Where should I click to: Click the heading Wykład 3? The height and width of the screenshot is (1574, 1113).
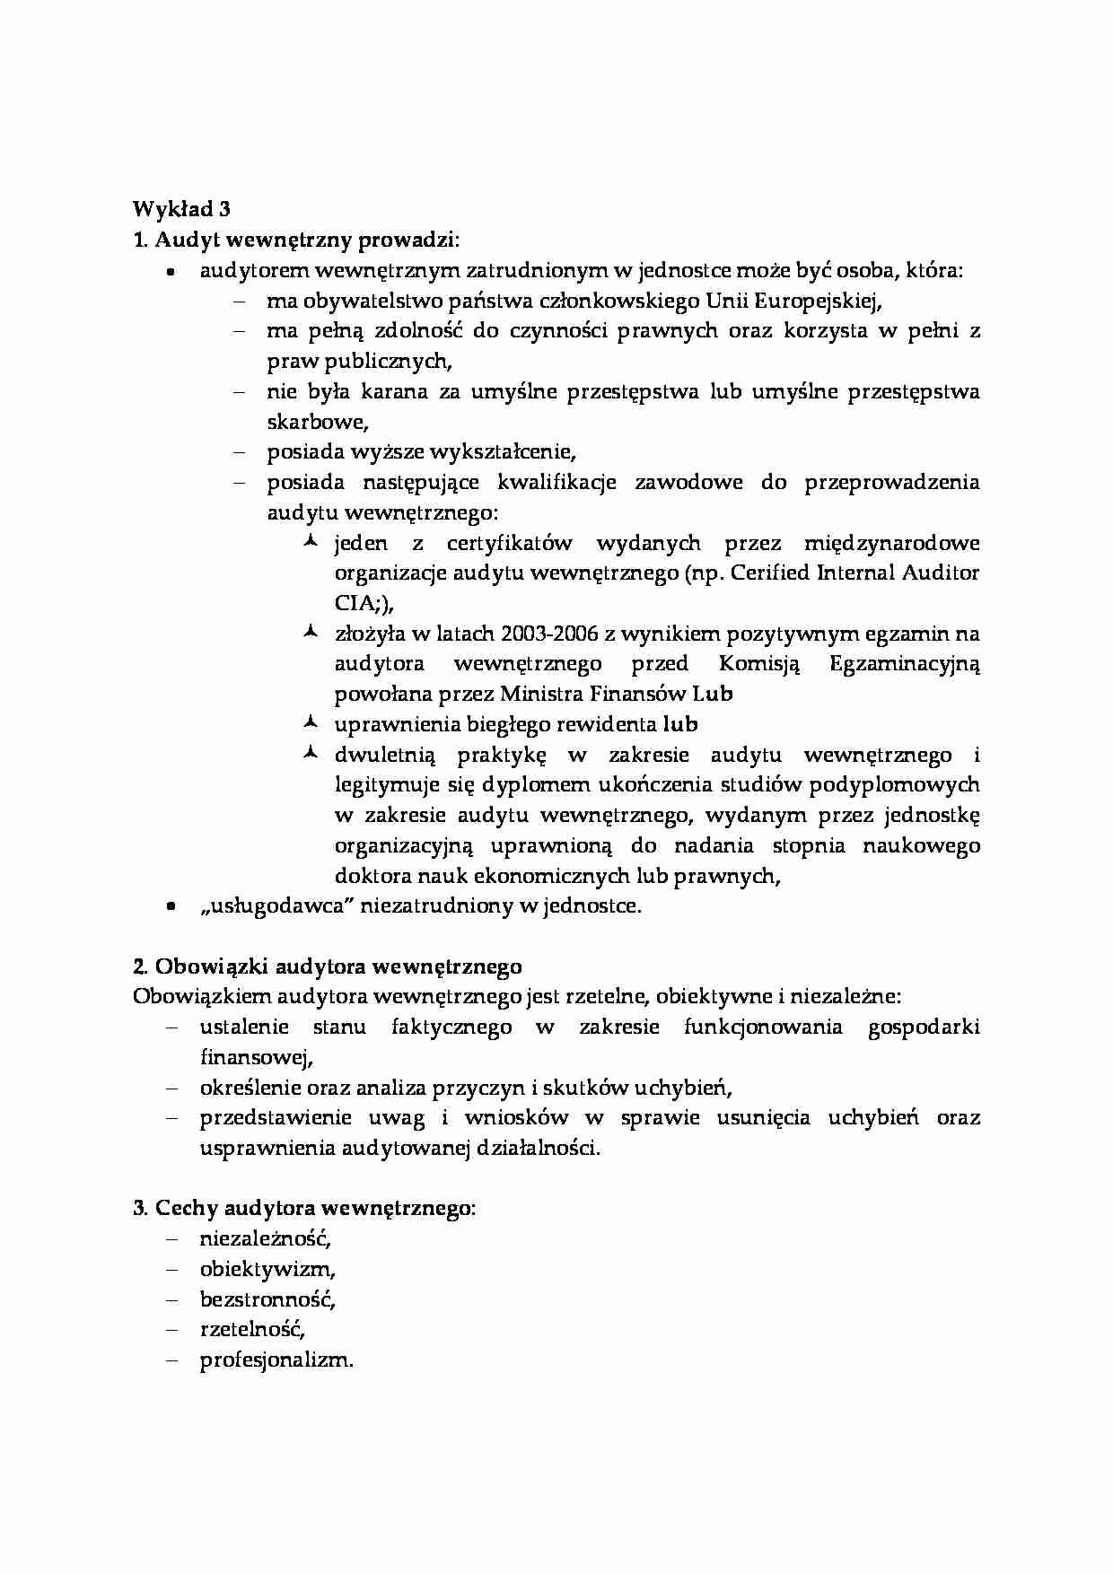point(181,209)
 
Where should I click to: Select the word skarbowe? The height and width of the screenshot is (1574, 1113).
point(316,422)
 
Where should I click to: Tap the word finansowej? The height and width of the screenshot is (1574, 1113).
point(255,1057)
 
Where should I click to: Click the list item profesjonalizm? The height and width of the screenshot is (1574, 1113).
point(276,1360)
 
